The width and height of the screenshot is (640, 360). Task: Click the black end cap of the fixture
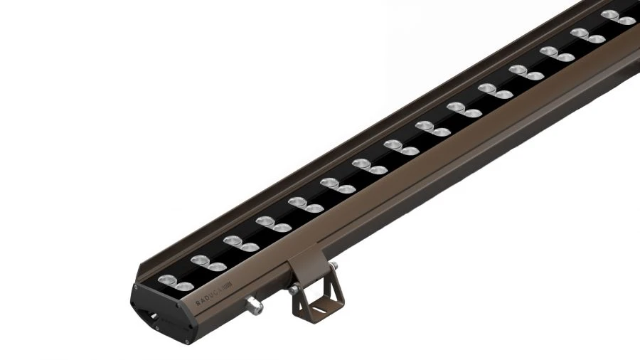click(x=160, y=311)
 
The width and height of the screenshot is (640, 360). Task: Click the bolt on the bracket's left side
click(x=294, y=290)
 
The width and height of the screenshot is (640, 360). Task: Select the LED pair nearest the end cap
click(x=175, y=282)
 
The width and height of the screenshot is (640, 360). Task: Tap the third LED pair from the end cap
click(x=240, y=244)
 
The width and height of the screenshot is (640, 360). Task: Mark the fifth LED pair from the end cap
click(x=305, y=206)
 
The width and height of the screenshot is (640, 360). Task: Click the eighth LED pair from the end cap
click(x=401, y=148)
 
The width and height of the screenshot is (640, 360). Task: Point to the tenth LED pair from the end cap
click(x=464, y=110)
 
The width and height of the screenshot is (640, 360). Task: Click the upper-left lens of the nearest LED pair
click(x=168, y=279)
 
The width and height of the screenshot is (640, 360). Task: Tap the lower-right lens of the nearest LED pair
click(x=184, y=286)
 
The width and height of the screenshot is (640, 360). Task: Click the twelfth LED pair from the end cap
click(x=527, y=73)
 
